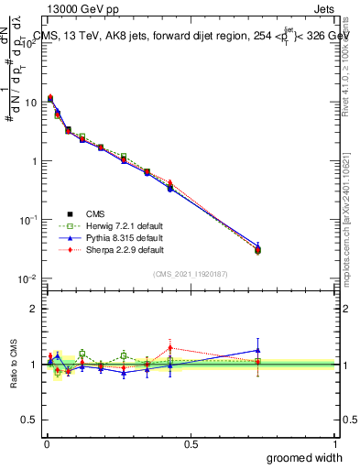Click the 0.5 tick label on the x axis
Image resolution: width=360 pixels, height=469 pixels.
point(191,444)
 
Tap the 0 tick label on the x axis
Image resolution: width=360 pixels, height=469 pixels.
point(47,444)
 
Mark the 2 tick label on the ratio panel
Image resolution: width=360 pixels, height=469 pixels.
point(34,309)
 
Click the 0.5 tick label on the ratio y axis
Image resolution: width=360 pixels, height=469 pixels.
point(30,420)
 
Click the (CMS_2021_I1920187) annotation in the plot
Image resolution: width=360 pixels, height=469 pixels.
point(190,273)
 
